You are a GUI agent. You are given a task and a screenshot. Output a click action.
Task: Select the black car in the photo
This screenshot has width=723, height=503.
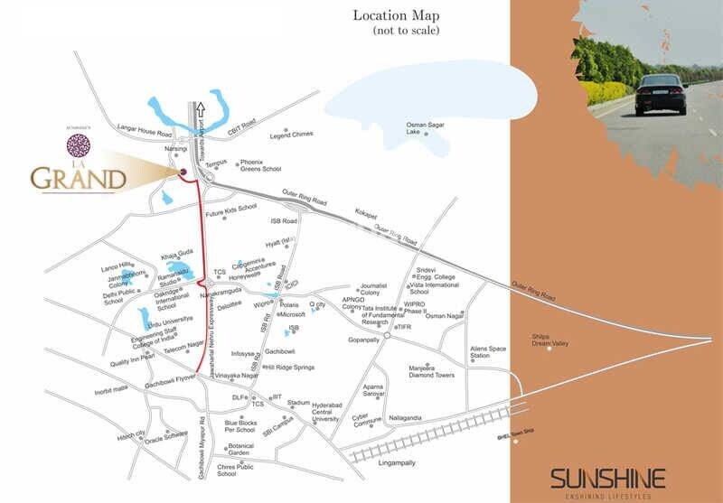point(660,94)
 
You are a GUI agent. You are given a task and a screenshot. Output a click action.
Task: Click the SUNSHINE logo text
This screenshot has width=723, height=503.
point(609,477)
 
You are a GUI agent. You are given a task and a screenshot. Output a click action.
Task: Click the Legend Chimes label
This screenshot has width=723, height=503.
point(292,134)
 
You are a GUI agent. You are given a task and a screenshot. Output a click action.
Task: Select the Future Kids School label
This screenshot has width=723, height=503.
point(231,215)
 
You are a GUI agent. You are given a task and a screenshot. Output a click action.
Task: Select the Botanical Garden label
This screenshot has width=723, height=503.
point(240,449)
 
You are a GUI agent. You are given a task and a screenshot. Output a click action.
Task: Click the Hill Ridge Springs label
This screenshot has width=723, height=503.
point(289,368)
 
